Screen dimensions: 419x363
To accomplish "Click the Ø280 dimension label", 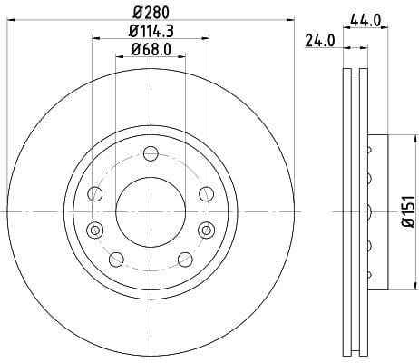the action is point(151,13).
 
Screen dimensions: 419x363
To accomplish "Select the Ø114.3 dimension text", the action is point(151,31).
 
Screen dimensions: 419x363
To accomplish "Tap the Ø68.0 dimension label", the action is point(151,49).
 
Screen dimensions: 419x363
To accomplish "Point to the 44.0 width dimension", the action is point(365,21).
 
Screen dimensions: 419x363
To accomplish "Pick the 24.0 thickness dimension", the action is point(320,41).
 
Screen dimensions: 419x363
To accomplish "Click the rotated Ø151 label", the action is point(408,211).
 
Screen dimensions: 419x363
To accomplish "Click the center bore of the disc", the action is point(151,212).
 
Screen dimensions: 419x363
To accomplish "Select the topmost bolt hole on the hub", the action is point(151,153).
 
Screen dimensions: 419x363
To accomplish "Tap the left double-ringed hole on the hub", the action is point(95,231).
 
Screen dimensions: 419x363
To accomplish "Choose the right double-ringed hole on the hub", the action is point(207,231).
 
